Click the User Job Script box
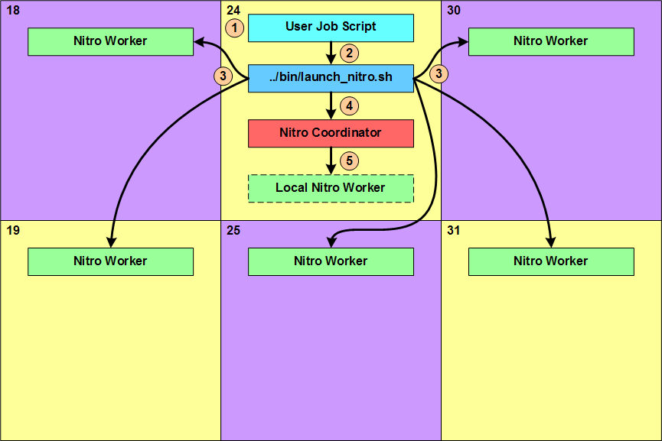[331, 28]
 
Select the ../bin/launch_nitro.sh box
[331, 78]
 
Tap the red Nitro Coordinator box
[331, 133]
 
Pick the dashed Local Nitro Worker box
[331, 188]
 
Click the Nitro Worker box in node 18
[110, 41]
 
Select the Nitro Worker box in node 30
[551, 41]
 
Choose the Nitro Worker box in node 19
[110, 261]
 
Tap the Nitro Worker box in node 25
[331, 261]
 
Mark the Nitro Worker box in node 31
[551, 261]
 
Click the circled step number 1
[236, 28]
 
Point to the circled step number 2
[350, 54]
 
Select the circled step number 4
[350, 106]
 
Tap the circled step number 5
[350, 161]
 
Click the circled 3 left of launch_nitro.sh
[223, 76]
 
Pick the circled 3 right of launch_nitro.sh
[439, 74]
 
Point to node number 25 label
[234, 230]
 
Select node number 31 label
[454, 230]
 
